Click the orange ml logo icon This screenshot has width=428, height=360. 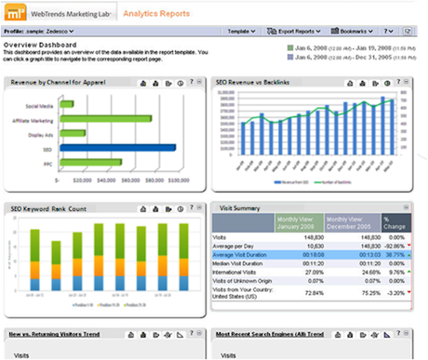[15, 14]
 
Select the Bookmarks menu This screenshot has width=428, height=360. [368, 32]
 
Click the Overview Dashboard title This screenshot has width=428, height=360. [38, 45]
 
